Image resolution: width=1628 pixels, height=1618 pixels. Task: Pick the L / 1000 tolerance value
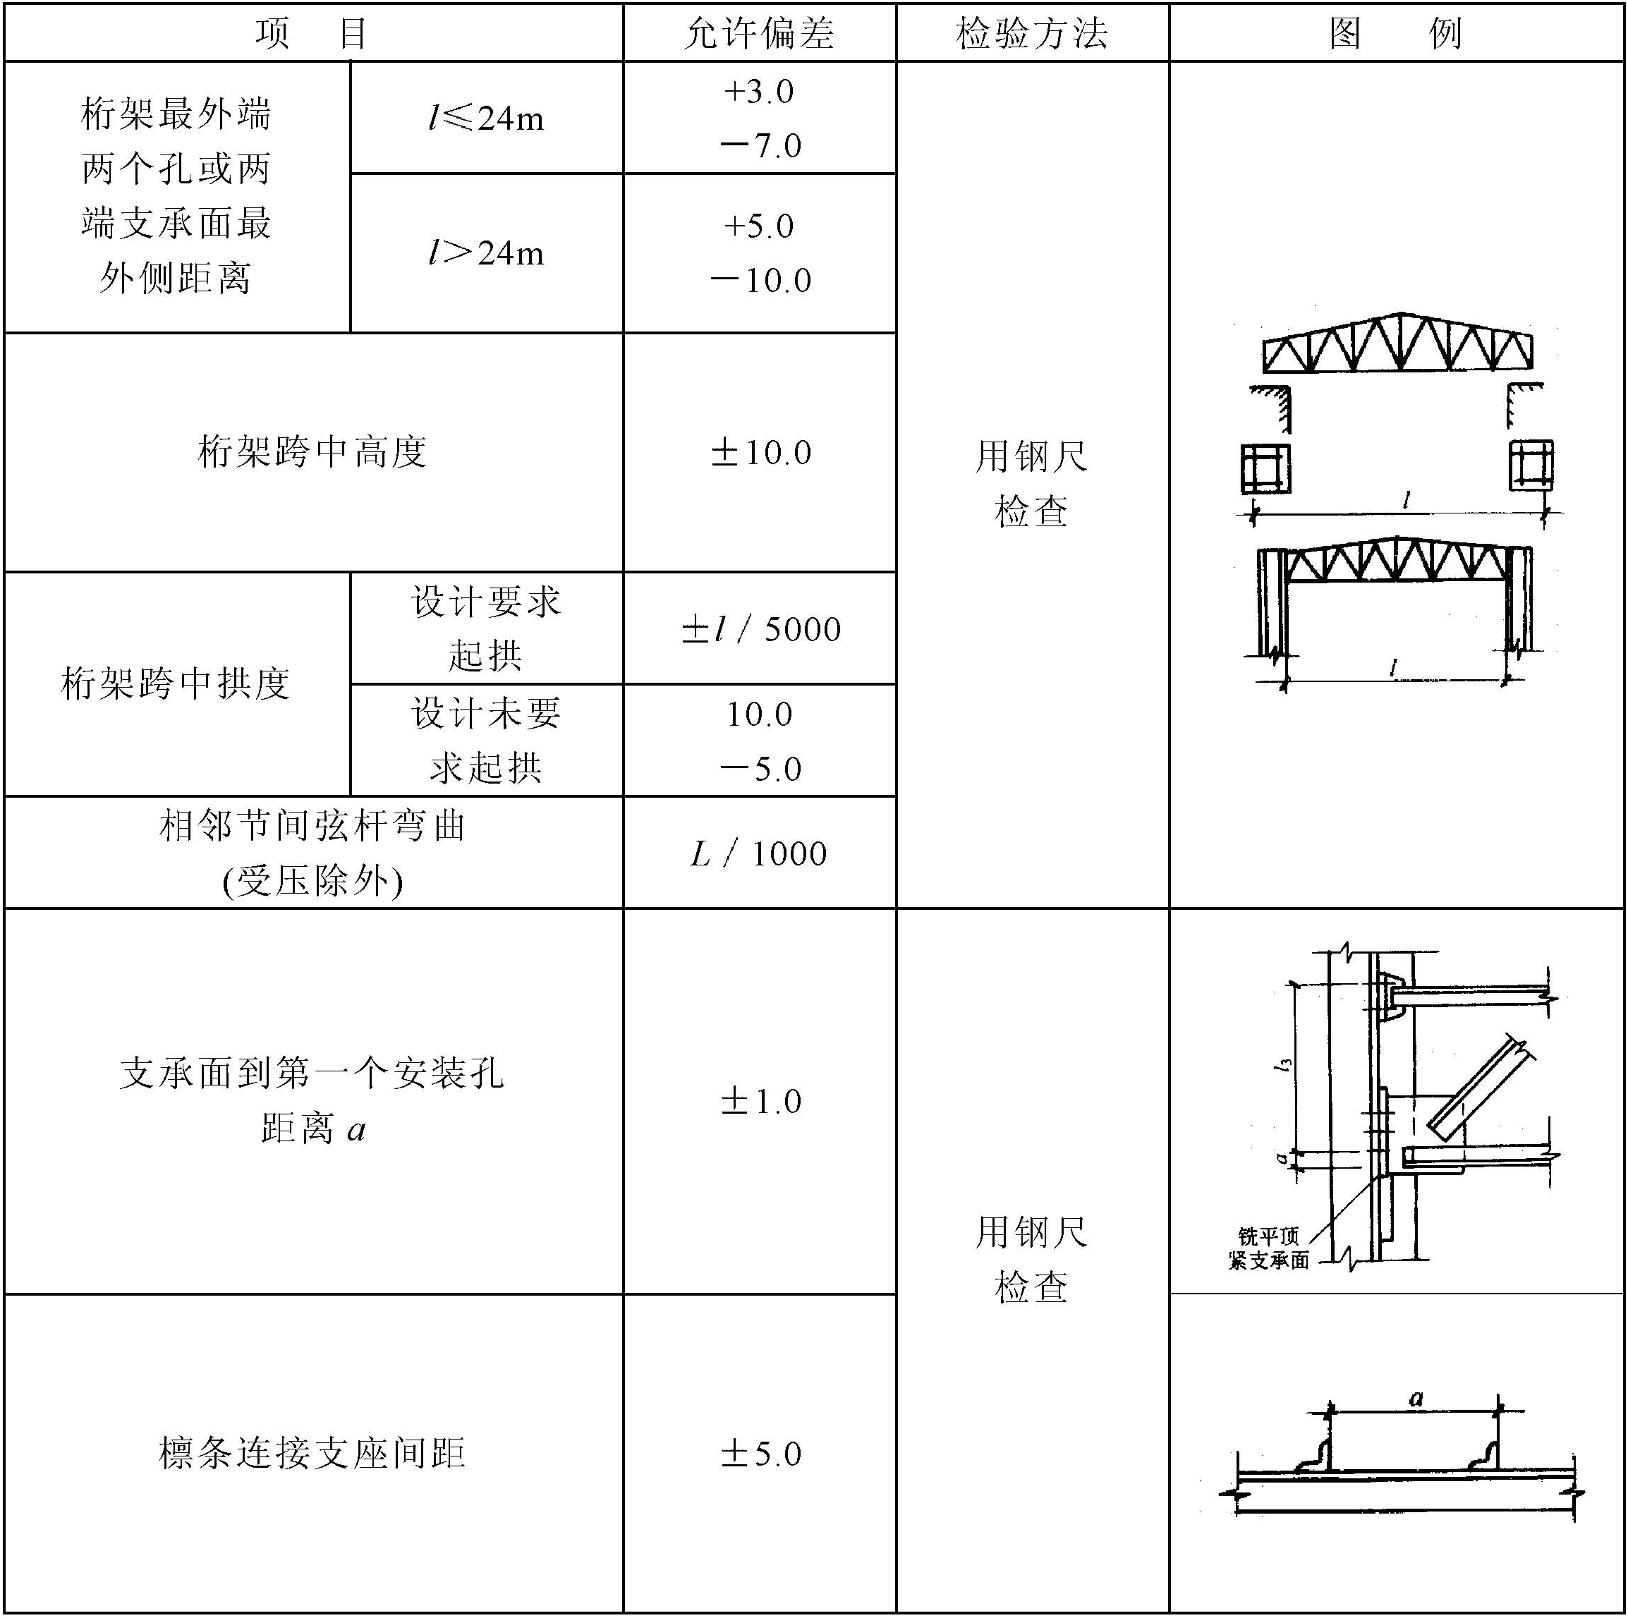pyautogui.click(x=759, y=853)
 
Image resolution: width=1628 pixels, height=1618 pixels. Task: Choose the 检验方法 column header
pyautogui.click(x=1032, y=34)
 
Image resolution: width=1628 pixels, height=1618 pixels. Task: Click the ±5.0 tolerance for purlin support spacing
pyautogui.click(x=761, y=1454)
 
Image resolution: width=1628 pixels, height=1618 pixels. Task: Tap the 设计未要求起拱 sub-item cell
pyautogui.click(x=486, y=740)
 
